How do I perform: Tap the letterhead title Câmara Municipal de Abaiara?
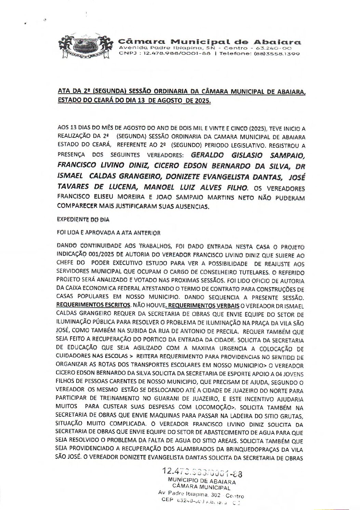coord(209,42)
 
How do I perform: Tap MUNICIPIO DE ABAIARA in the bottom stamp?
coord(202,480)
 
